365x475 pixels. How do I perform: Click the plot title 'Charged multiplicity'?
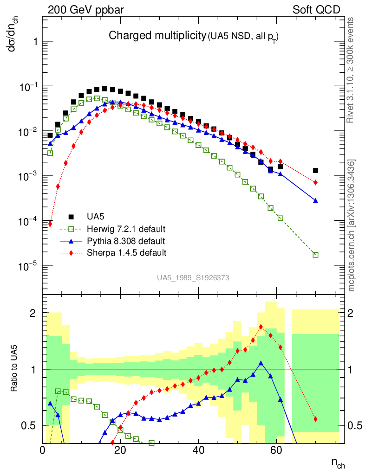pyautogui.click(x=157, y=35)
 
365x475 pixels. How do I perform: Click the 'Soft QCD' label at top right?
pyautogui.click(x=316, y=10)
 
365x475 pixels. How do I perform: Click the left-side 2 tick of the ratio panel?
pyautogui.click(x=33, y=313)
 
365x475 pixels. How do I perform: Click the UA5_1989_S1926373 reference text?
pyautogui.click(x=193, y=278)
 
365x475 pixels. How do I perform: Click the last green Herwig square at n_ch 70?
pyautogui.click(x=315, y=255)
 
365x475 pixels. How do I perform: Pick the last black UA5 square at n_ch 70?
pyautogui.click(x=315, y=171)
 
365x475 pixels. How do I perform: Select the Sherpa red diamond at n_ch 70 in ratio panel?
pyautogui.click(x=315, y=419)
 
